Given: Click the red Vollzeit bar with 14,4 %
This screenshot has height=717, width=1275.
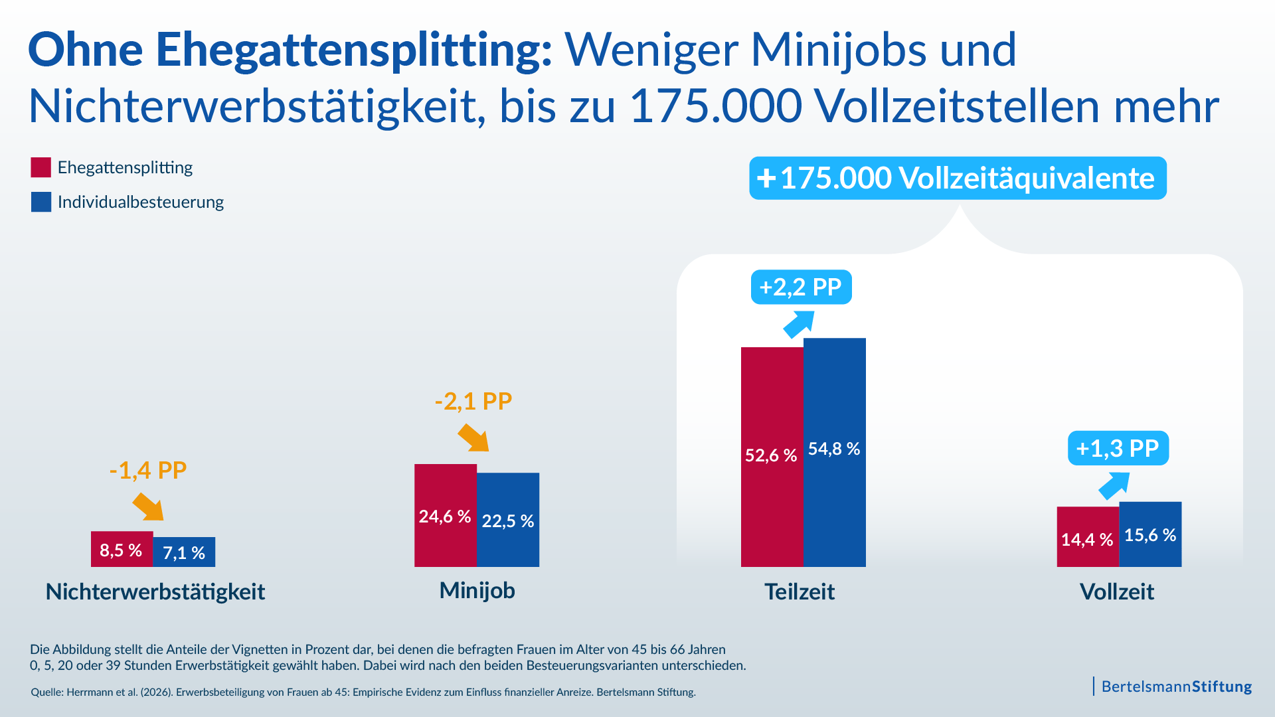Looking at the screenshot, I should [x=1088, y=537].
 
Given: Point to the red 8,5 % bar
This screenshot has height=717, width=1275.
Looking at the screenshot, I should [x=122, y=549].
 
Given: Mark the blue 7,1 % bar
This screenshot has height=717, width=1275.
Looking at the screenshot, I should [x=184, y=552].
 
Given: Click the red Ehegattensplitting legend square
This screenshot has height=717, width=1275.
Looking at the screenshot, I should [x=41, y=167].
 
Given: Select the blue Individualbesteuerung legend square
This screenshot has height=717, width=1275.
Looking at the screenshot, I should [x=41, y=202].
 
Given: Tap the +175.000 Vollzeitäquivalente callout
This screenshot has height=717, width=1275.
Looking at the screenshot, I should [x=958, y=178].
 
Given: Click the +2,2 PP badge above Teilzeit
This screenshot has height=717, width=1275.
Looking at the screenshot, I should [x=801, y=287].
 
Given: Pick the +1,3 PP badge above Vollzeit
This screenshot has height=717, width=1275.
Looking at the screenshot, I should [x=1118, y=448].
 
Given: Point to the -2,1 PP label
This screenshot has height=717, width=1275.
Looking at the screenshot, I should [x=473, y=401].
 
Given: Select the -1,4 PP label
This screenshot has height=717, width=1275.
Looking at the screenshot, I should [x=147, y=470].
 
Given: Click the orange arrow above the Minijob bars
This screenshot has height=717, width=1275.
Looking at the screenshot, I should [x=473, y=438].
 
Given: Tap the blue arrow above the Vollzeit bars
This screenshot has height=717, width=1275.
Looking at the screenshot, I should [x=1114, y=485].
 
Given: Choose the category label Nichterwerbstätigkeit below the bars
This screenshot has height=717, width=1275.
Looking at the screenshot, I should [x=155, y=592].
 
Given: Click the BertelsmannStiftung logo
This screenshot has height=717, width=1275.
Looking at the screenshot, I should [x=1175, y=686].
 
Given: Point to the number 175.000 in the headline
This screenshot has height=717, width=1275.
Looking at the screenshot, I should [x=715, y=106].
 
